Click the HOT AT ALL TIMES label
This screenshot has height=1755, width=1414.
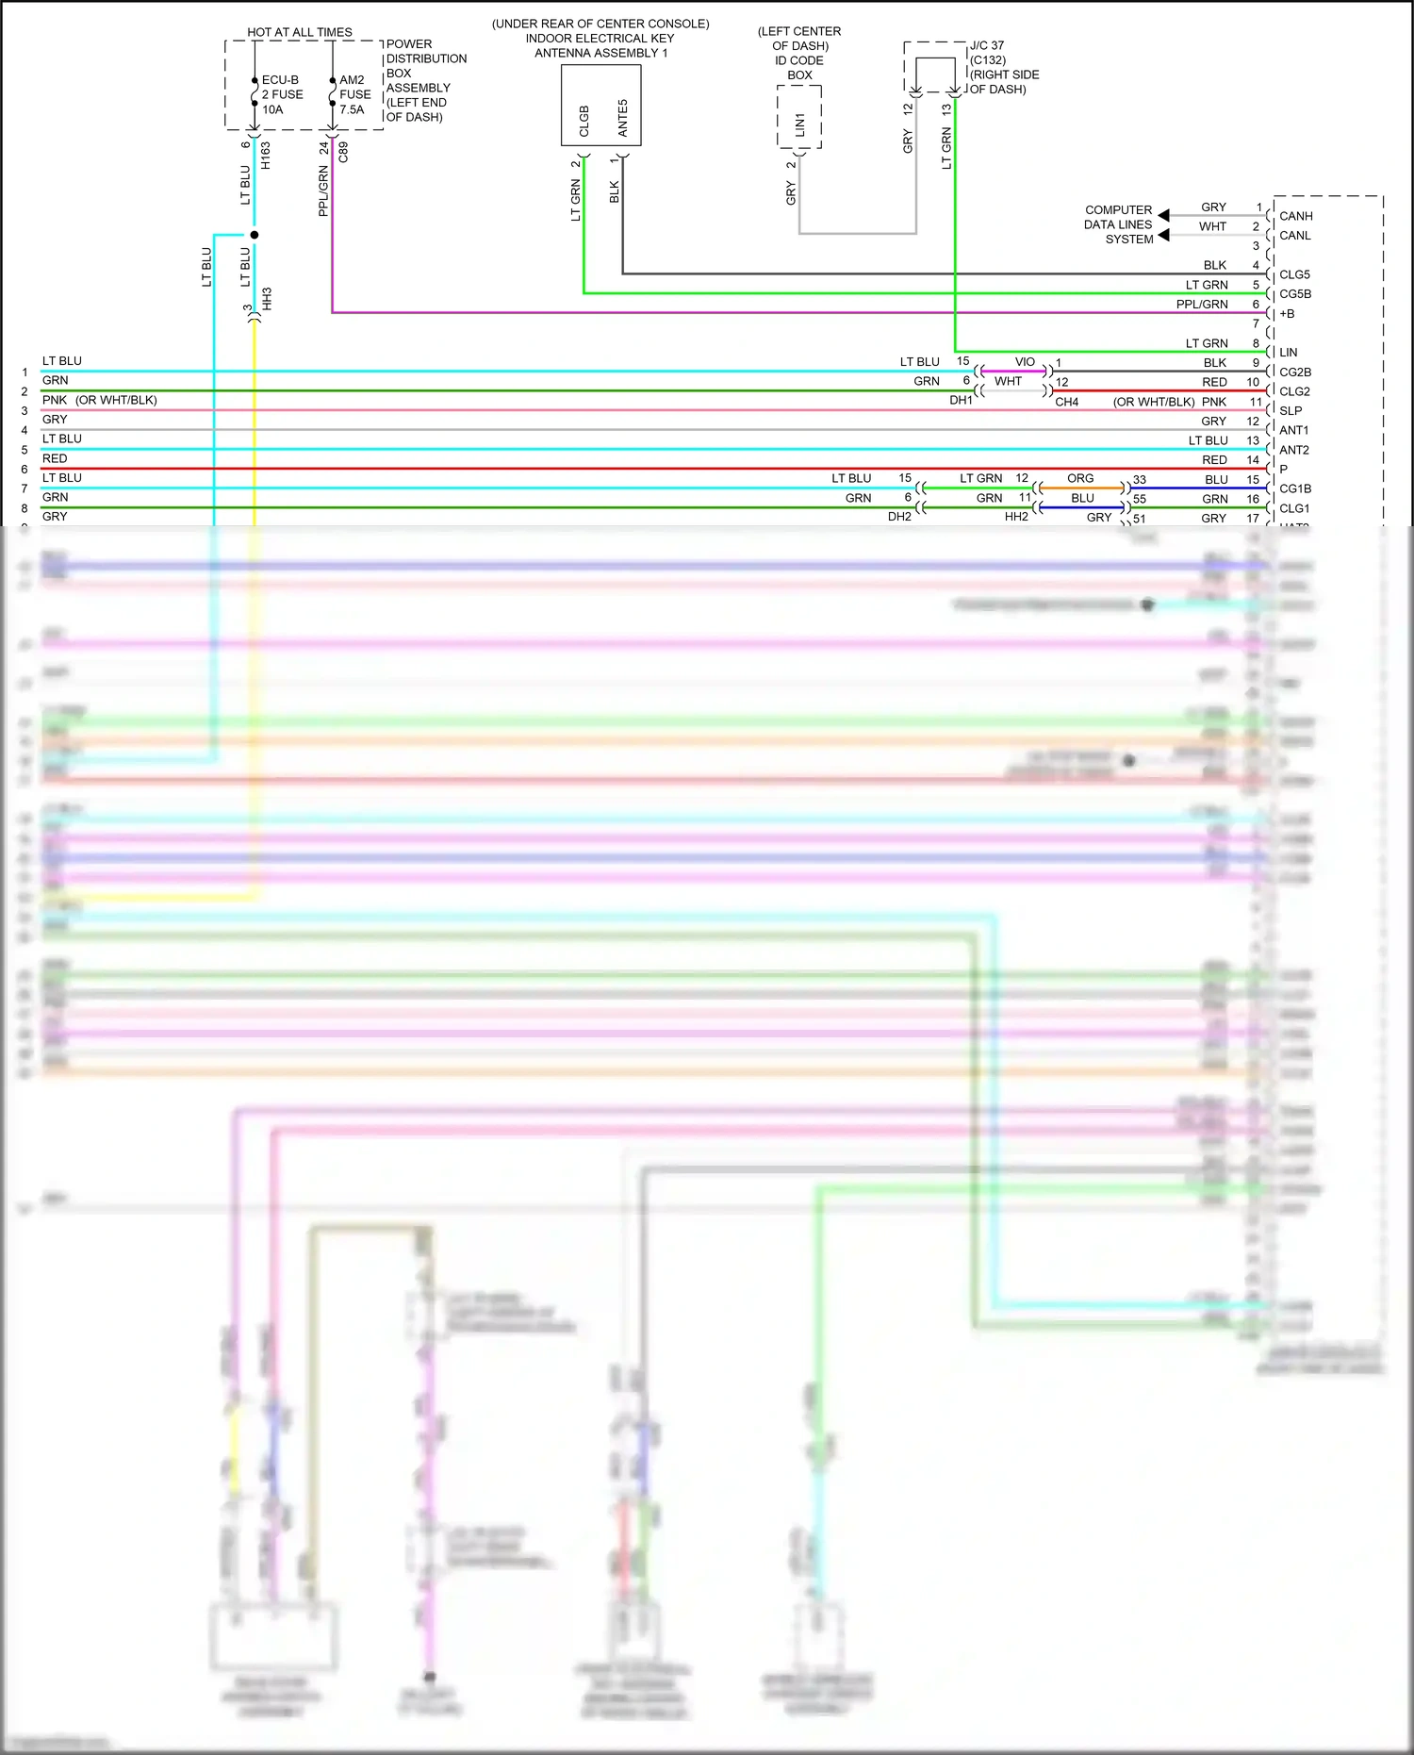click(x=300, y=32)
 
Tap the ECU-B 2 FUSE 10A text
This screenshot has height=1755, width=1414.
click(x=282, y=94)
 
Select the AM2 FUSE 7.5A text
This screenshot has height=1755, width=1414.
click(x=354, y=94)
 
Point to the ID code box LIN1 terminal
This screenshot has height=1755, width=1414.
click(x=799, y=124)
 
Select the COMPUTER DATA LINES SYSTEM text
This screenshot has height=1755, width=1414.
click(x=1118, y=224)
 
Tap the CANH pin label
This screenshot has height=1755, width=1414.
click(x=1295, y=216)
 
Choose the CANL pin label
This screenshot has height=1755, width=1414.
click(x=1294, y=236)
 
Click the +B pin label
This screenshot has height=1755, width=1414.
click(x=1287, y=314)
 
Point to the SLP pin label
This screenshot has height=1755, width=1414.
click(x=1291, y=411)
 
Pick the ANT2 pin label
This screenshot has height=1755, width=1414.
click(x=1293, y=450)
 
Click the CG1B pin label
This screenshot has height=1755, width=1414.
click(x=1294, y=488)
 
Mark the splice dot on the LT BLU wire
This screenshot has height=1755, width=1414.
click(x=254, y=235)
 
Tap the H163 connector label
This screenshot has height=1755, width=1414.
click(x=266, y=156)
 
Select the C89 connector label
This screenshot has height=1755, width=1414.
click(x=343, y=152)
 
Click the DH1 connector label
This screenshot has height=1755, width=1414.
click(x=961, y=401)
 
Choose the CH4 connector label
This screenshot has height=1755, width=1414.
click(x=1066, y=402)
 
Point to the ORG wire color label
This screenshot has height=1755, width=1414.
click(x=1080, y=478)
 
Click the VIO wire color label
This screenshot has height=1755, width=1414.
click(x=1025, y=362)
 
